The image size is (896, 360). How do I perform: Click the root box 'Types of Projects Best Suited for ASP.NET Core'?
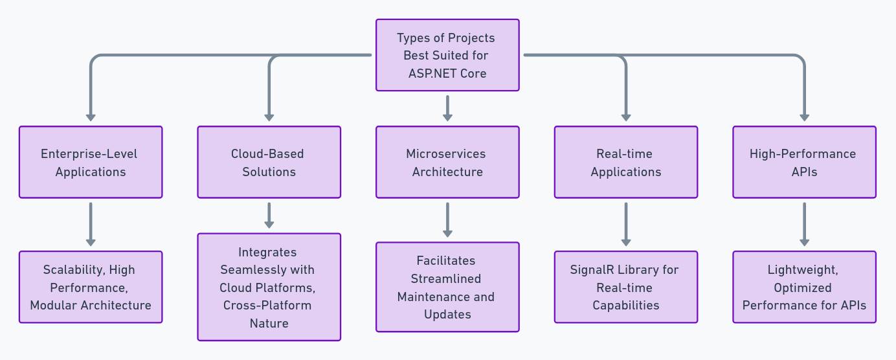click(x=447, y=55)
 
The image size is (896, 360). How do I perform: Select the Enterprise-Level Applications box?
click(x=91, y=162)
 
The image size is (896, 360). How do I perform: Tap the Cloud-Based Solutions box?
click(x=269, y=162)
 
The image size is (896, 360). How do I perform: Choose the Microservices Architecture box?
click(x=447, y=162)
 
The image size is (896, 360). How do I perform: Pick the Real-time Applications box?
click(x=625, y=162)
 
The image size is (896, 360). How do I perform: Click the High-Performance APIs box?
click(x=804, y=162)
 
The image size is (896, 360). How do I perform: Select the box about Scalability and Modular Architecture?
click(x=91, y=287)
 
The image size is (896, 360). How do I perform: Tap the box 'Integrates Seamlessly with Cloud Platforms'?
click(x=269, y=287)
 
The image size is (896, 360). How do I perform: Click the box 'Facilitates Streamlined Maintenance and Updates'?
click(x=447, y=287)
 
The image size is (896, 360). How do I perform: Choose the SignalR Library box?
click(x=625, y=287)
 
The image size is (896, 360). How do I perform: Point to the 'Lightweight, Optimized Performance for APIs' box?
click(x=804, y=287)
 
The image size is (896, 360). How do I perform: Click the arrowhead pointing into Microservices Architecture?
click(x=447, y=117)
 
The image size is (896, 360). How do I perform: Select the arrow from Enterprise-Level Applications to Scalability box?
click(x=91, y=224)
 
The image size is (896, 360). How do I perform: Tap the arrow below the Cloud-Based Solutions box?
click(x=269, y=215)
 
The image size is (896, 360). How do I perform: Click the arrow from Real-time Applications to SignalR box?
click(x=625, y=224)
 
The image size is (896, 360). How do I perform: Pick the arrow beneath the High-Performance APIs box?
click(x=804, y=224)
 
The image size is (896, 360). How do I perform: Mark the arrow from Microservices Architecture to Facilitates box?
click(x=447, y=219)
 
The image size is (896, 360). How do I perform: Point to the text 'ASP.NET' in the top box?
click(x=432, y=73)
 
